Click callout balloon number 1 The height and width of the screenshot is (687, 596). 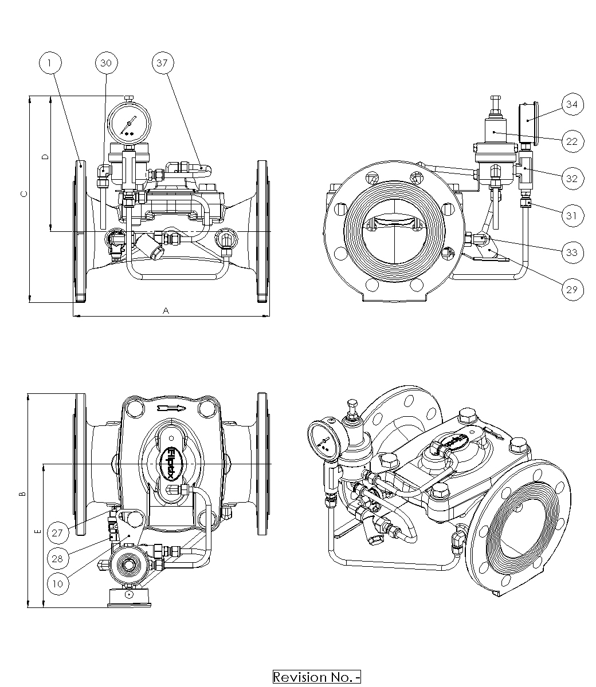[x=51, y=63]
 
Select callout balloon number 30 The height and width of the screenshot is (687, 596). [x=106, y=63]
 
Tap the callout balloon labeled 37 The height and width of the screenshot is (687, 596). [x=162, y=63]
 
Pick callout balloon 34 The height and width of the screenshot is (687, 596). [x=572, y=104]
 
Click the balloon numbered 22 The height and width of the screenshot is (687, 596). [x=572, y=141]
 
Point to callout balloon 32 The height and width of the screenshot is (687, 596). [x=572, y=178]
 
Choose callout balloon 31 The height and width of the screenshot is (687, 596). [x=572, y=215]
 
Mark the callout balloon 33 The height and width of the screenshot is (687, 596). [x=572, y=252]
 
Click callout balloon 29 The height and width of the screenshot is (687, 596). [x=572, y=289]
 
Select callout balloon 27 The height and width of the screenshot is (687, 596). [x=58, y=532]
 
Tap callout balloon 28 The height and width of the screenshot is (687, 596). [x=58, y=558]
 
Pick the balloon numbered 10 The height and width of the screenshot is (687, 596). [x=58, y=584]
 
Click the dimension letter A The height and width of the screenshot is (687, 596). [x=166, y=310]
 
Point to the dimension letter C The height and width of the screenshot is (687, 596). [x=23, y=194]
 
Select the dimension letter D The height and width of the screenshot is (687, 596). [x=46, y=156]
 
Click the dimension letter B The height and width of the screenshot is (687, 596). [x=22, y=493]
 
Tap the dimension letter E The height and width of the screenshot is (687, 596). [x=38, y=532]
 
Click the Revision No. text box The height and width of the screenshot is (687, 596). [x=316, y=677]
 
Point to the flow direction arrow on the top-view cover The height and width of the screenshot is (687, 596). [x=171, y=408]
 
